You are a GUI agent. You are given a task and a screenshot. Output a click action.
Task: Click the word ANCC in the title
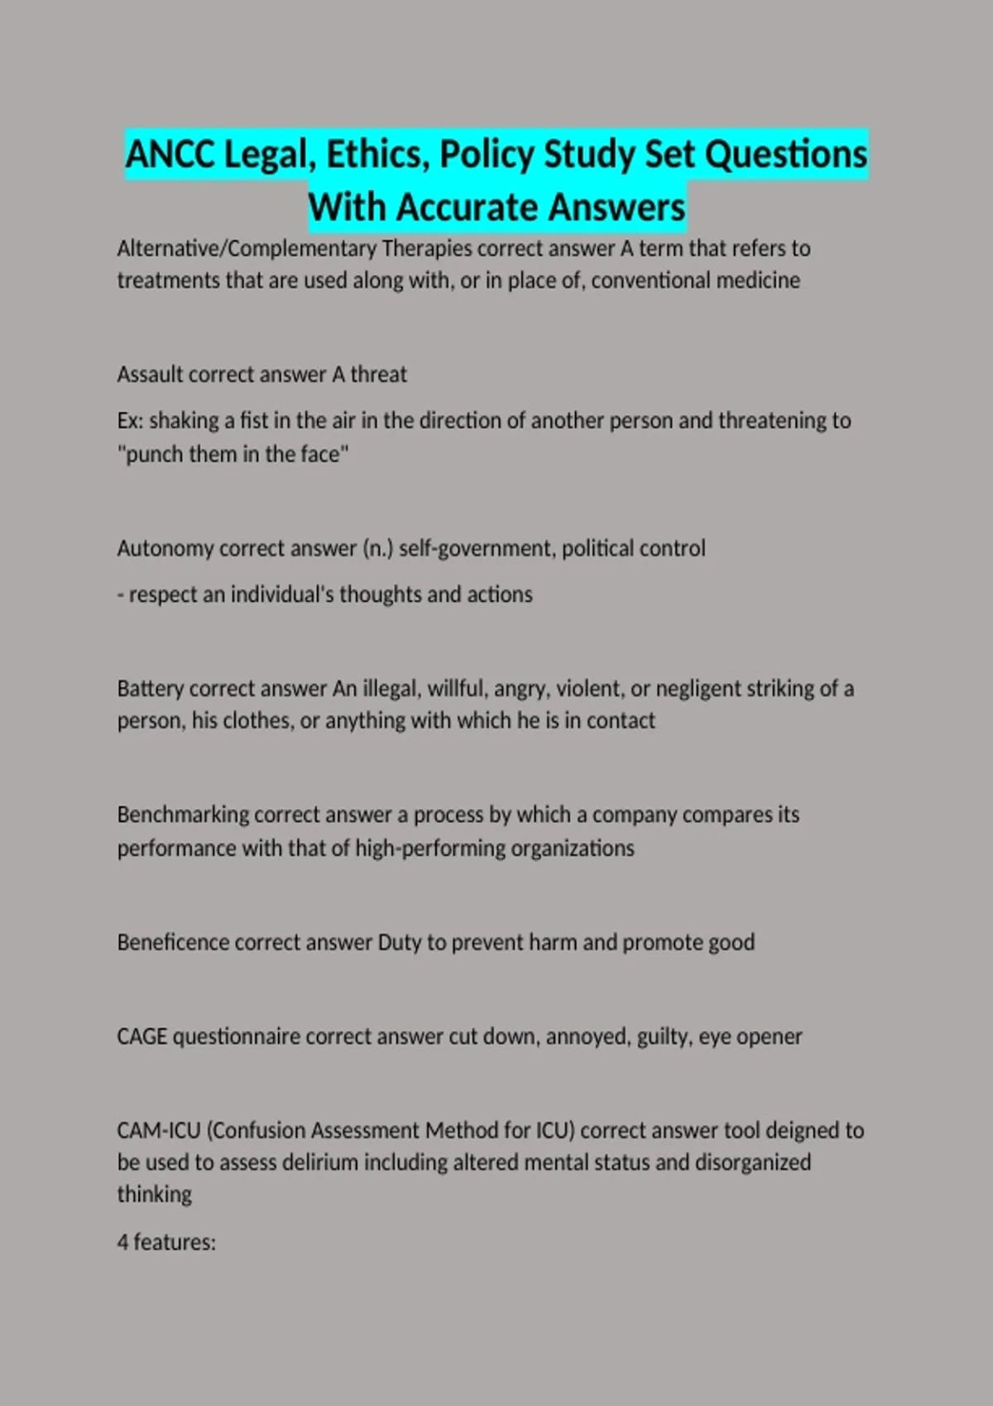pos(170,155)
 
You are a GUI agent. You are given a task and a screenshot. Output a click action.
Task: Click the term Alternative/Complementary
pos(247,248)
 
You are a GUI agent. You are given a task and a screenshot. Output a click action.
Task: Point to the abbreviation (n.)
pos(377,548)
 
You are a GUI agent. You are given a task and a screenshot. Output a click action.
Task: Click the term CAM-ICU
pos(158,1131)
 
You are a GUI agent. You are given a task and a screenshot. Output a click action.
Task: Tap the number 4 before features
pos(122,1243)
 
